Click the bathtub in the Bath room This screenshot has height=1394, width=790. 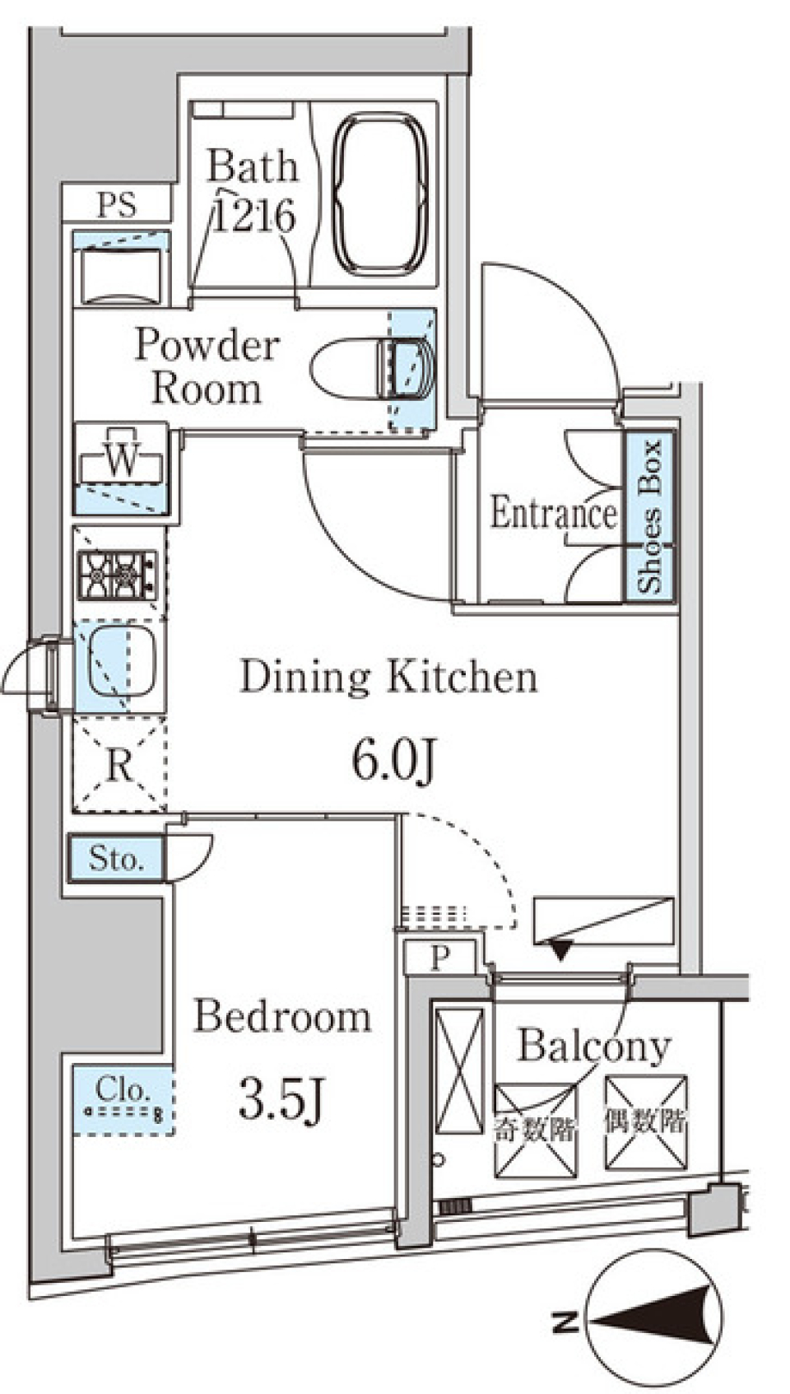[x=380, y=194]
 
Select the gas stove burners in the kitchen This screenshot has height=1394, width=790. [x=116, y=574]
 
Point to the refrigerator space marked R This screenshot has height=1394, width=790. [x=120, y=767]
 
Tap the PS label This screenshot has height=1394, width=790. [x=116, y=204]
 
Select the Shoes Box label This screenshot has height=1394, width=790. [x=650, y=516]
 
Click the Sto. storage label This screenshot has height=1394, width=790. [x=116, y=859]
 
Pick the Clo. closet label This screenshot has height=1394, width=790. [x=123, y=1090]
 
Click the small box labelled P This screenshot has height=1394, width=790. [x=440, y=958]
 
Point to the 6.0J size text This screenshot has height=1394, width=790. [x=393, y=761]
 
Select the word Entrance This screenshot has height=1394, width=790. [x=553, y=514]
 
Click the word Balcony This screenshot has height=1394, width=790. [x=593, y=1046]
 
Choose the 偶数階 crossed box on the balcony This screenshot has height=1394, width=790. [x=645, y=1122]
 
